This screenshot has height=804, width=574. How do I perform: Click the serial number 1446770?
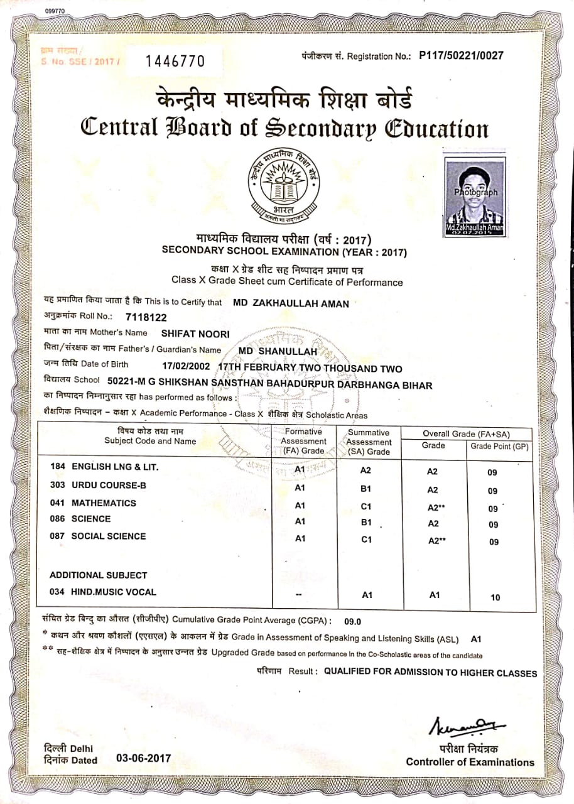175,61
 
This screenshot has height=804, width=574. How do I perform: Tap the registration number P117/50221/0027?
461,55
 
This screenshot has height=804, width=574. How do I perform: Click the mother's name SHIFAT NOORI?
195,334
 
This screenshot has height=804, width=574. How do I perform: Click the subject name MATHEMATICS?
104,503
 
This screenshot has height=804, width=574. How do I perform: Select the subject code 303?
58,486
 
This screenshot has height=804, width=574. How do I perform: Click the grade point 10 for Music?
495,597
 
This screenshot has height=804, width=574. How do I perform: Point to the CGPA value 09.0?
353,622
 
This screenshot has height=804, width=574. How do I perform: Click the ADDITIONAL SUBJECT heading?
98,575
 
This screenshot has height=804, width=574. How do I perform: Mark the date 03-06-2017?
143,758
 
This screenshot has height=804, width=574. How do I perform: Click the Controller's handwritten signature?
467,725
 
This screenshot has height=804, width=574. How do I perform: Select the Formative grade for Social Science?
300,538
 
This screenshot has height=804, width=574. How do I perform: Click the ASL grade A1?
476,639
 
